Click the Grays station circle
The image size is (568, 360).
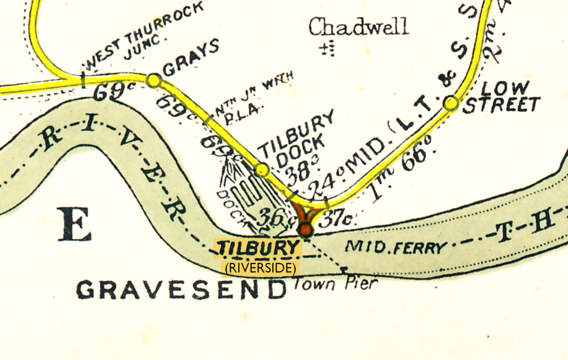153,80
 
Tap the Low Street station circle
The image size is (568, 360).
451,103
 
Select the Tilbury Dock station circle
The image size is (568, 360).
262,169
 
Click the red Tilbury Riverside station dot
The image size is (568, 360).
305,230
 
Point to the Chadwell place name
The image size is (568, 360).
358,27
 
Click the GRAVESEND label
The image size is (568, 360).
181,290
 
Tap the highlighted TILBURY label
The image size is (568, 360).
258,248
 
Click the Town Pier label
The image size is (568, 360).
333,284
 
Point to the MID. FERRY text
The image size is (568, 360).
395,246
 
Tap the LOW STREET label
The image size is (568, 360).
501,97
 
